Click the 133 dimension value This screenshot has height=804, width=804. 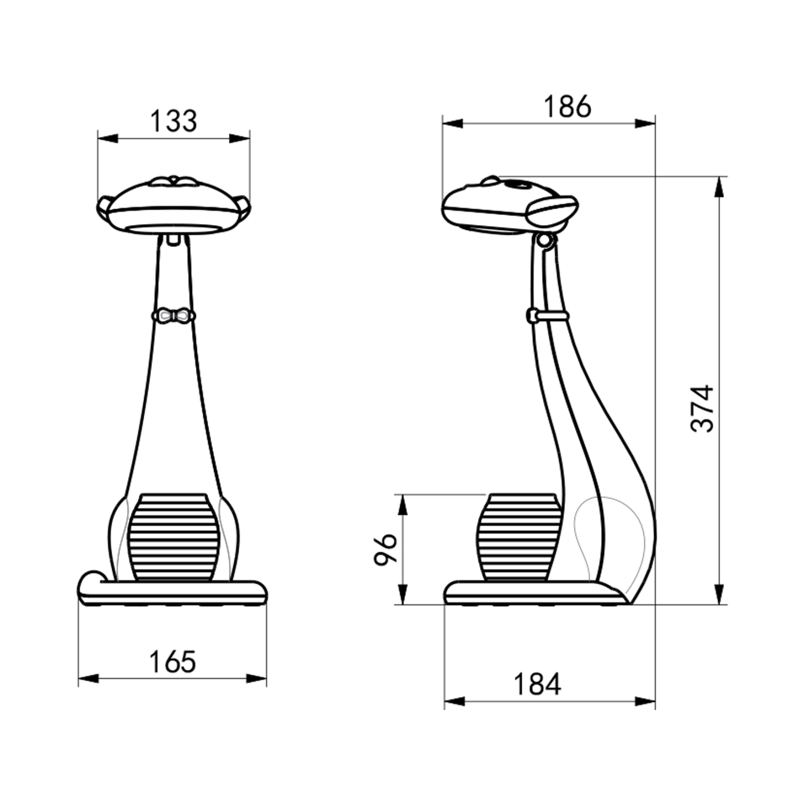pyautogui.click(x=173, y=121)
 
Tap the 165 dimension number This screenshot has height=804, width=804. pyautogui.click(x=173, y=662)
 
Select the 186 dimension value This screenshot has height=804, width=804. pyautogui.click(x=567, y=107)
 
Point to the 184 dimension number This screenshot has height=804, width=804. pyautogui.click(x=537, y=684)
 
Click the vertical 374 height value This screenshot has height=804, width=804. pyautogui.click(x=702, y=408)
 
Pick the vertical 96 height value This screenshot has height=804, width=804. pyautogui.click(x=385, y=549)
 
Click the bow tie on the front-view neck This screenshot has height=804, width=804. pyautogui.click(x=173, y=316)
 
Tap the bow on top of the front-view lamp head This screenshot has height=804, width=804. pyautogui.click(x=173, y=181)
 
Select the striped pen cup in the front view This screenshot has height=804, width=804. pyautogui.click(x=173, y=537)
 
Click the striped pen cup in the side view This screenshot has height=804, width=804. pyautogui.click(x=519, y=537)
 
